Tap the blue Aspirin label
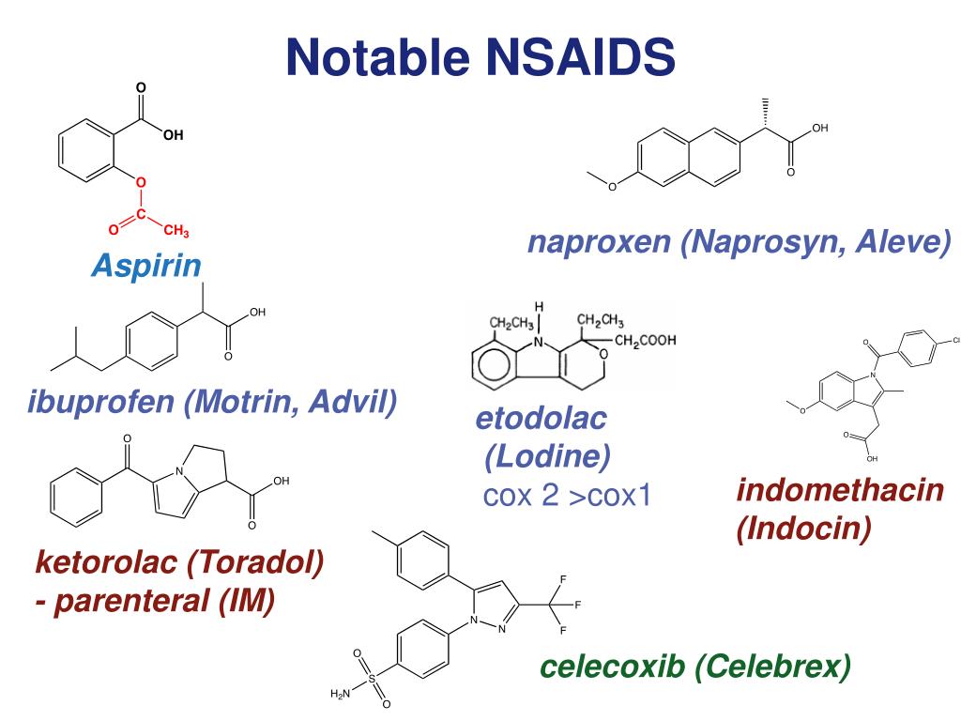[x=146, y=267]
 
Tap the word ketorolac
[x=106, y=563]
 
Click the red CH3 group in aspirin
[x=175, y=230]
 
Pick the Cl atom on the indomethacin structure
[x=956, y=340]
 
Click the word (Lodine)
[x=548, y=458]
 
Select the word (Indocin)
[x=804, y=529]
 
